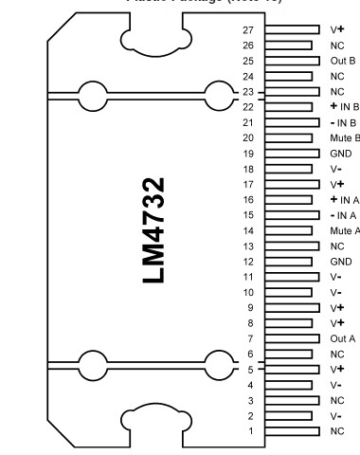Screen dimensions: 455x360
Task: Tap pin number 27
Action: click(x=248, y=30)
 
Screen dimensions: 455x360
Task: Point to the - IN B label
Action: click(x=342, y=122)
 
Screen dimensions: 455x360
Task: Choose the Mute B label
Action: click(x=344, y=137)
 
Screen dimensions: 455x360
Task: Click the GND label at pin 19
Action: click(x=339, y=153)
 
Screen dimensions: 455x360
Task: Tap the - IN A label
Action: click(x=342, y=214)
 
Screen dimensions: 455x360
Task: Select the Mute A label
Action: click(x=344, y=229)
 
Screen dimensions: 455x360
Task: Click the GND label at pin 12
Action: click(x=339, y=261)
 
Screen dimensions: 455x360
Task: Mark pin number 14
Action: click(x=248, y=229)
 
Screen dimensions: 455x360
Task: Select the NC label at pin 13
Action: click(x=337, y=245)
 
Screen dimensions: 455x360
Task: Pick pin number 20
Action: click(x=248, y=137)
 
